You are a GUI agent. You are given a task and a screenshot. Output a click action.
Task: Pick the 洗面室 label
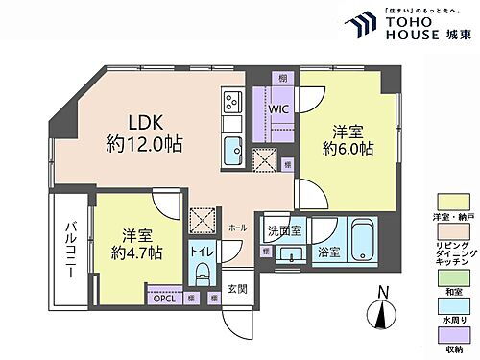pos(285,232)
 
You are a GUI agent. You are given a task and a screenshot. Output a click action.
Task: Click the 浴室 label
pos(327,252)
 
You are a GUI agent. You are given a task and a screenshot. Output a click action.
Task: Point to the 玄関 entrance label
pos(236,290)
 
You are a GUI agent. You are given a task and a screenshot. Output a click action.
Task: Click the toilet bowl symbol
pos(202,273)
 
